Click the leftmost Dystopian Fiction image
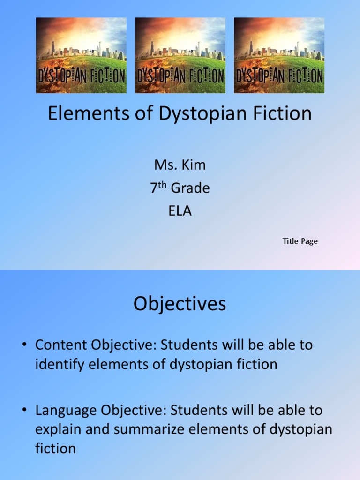coord(81,55)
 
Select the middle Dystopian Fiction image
coord(180,55)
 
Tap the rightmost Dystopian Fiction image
coord(279,55)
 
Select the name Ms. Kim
coord(180,165)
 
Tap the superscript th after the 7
coord(162,185)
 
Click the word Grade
coord(190,188)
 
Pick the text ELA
coord(180,211)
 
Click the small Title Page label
coord(300,241)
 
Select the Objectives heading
coord(180,304)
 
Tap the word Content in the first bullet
coord(61,345)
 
